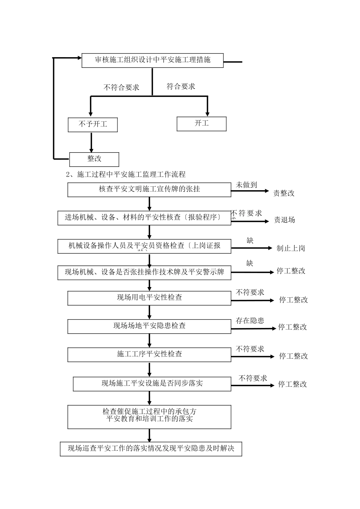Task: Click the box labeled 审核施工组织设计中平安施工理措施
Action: [152, 60]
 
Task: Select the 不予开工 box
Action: [93, 125]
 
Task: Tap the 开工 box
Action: [202, 124]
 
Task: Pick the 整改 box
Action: [94, 159]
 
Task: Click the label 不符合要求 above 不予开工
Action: [122, 87]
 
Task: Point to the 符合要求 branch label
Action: [181, 86]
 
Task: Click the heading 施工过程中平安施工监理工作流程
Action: [131, 175]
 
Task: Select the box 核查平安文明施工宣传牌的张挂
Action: [149, 189]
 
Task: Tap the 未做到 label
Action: [247, 185]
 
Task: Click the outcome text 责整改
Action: [284, 193]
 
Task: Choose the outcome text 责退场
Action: [285, 220]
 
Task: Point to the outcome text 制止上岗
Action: [291, 248]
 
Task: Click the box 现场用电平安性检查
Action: [149, 298]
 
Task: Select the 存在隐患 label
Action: [250, 321]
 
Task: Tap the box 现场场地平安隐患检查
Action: [149, 326]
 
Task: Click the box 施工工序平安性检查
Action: [149, 354]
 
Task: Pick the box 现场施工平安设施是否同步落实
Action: [152, 384]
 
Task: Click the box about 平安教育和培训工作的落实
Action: [149, 417]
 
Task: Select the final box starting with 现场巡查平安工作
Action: [151, 449]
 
